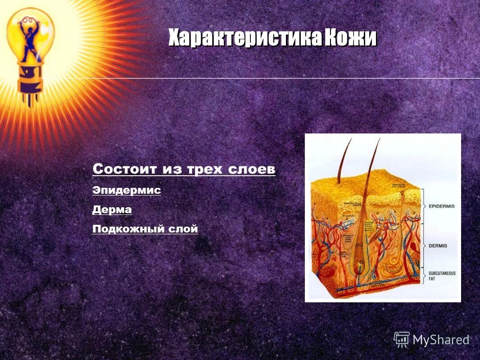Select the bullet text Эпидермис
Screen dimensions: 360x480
127,190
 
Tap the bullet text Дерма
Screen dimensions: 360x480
112,210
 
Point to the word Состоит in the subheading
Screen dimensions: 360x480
118,169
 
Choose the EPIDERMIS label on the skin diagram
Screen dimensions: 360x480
442,206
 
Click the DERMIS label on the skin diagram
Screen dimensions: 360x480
438,246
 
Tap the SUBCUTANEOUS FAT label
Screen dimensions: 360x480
442,276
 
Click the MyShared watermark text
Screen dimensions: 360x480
441,340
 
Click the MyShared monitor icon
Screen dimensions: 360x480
401,339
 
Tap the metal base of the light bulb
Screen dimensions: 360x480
29,81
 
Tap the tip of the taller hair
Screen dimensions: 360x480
379,139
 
